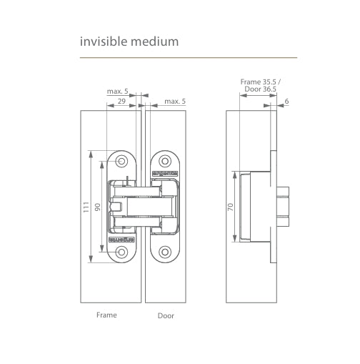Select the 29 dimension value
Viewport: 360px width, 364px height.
pos(121,102)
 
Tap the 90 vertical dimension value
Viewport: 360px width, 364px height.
pos(98,207)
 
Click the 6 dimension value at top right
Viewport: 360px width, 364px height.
pos(286,102)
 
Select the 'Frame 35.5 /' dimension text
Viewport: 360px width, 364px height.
pos(261,82)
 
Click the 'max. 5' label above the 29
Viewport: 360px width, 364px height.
pos(118,92)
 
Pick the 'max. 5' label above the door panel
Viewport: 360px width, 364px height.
pos(175,102)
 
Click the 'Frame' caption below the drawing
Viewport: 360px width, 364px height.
pos(106,315)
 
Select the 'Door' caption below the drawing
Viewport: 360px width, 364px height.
pos(166,315)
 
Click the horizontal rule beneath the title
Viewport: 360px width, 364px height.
pos(189,57)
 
